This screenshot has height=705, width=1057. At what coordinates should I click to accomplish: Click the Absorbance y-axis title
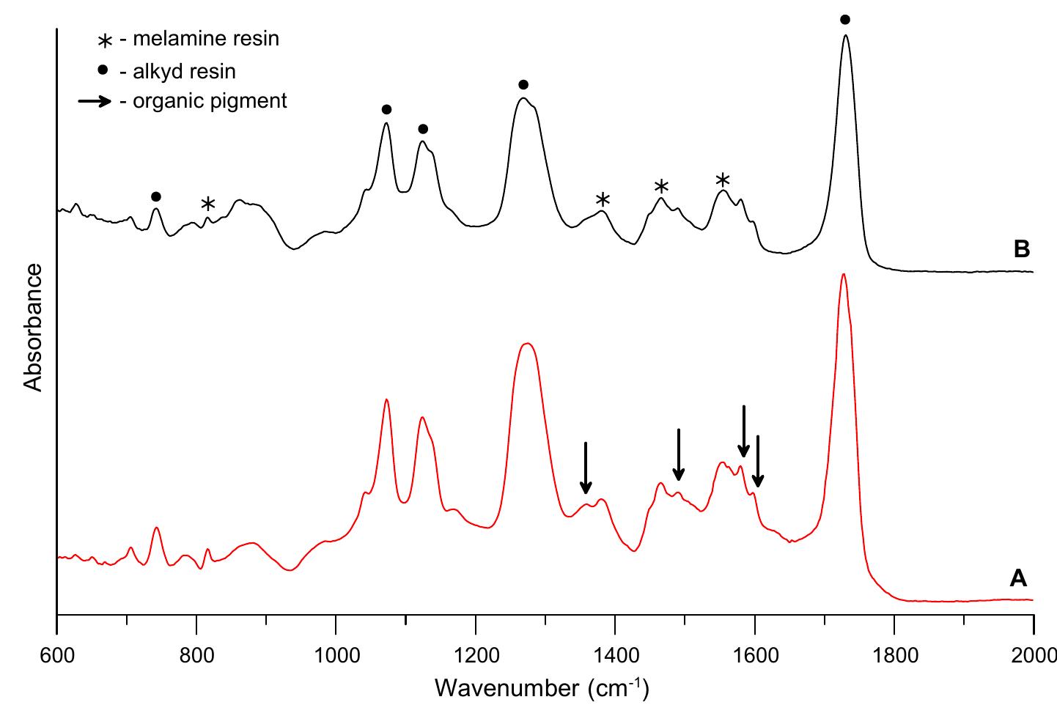point(33,328)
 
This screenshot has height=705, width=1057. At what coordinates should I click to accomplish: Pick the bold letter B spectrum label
point(1022,250)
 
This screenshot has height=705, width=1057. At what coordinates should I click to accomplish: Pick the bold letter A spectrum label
point(1018,579)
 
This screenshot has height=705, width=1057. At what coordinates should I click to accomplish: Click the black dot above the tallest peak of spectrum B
point(845,20)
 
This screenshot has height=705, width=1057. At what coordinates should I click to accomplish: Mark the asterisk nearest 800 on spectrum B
point(208,204)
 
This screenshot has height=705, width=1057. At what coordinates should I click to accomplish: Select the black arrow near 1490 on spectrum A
point(679,454)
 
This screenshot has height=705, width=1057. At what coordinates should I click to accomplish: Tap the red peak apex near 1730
point(844,275)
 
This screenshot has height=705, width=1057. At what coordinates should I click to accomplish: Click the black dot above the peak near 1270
point(523,84)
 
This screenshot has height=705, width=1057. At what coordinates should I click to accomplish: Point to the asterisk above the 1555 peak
point(723,180)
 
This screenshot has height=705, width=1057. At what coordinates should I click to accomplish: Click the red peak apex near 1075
point(386,400)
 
